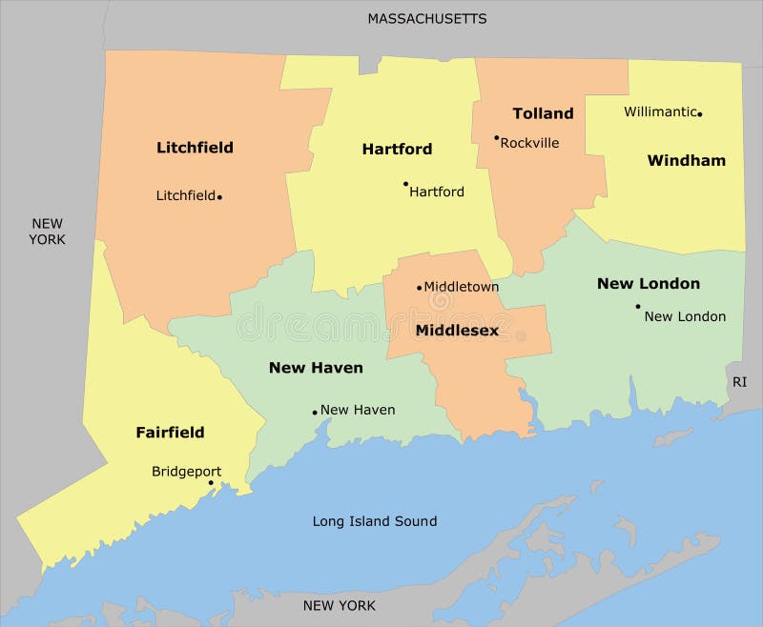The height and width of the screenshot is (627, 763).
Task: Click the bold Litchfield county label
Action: point(195,148)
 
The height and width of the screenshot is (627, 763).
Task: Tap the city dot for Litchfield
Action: point(219,197)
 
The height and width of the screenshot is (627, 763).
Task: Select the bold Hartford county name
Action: point(397,149)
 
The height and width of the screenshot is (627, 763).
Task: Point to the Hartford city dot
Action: point(405,184)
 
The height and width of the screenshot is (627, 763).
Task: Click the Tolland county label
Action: point(543,113)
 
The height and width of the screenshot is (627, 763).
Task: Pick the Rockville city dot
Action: point(497,137)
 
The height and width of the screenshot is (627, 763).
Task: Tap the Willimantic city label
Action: point(660,111)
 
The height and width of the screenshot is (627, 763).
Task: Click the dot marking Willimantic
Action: point(700,114)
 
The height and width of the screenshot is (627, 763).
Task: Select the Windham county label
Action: point(686,160)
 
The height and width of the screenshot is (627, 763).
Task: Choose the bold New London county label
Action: point(648,283)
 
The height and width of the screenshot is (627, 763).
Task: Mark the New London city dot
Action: point(638,307)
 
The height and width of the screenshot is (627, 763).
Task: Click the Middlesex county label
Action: point(457,331)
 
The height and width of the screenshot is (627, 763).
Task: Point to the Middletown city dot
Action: point(419,287)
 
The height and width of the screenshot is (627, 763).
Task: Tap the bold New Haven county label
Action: point(316,367)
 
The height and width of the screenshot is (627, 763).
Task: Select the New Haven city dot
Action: point(315,413)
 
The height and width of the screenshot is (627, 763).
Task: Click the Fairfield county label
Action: point(170,432)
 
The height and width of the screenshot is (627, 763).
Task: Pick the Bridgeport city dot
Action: point(211,483)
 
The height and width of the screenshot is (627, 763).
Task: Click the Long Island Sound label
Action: point(375,521)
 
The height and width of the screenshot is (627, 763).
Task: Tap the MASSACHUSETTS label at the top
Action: point(427,18)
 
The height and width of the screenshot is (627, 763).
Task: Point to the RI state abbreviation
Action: point(740,381)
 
